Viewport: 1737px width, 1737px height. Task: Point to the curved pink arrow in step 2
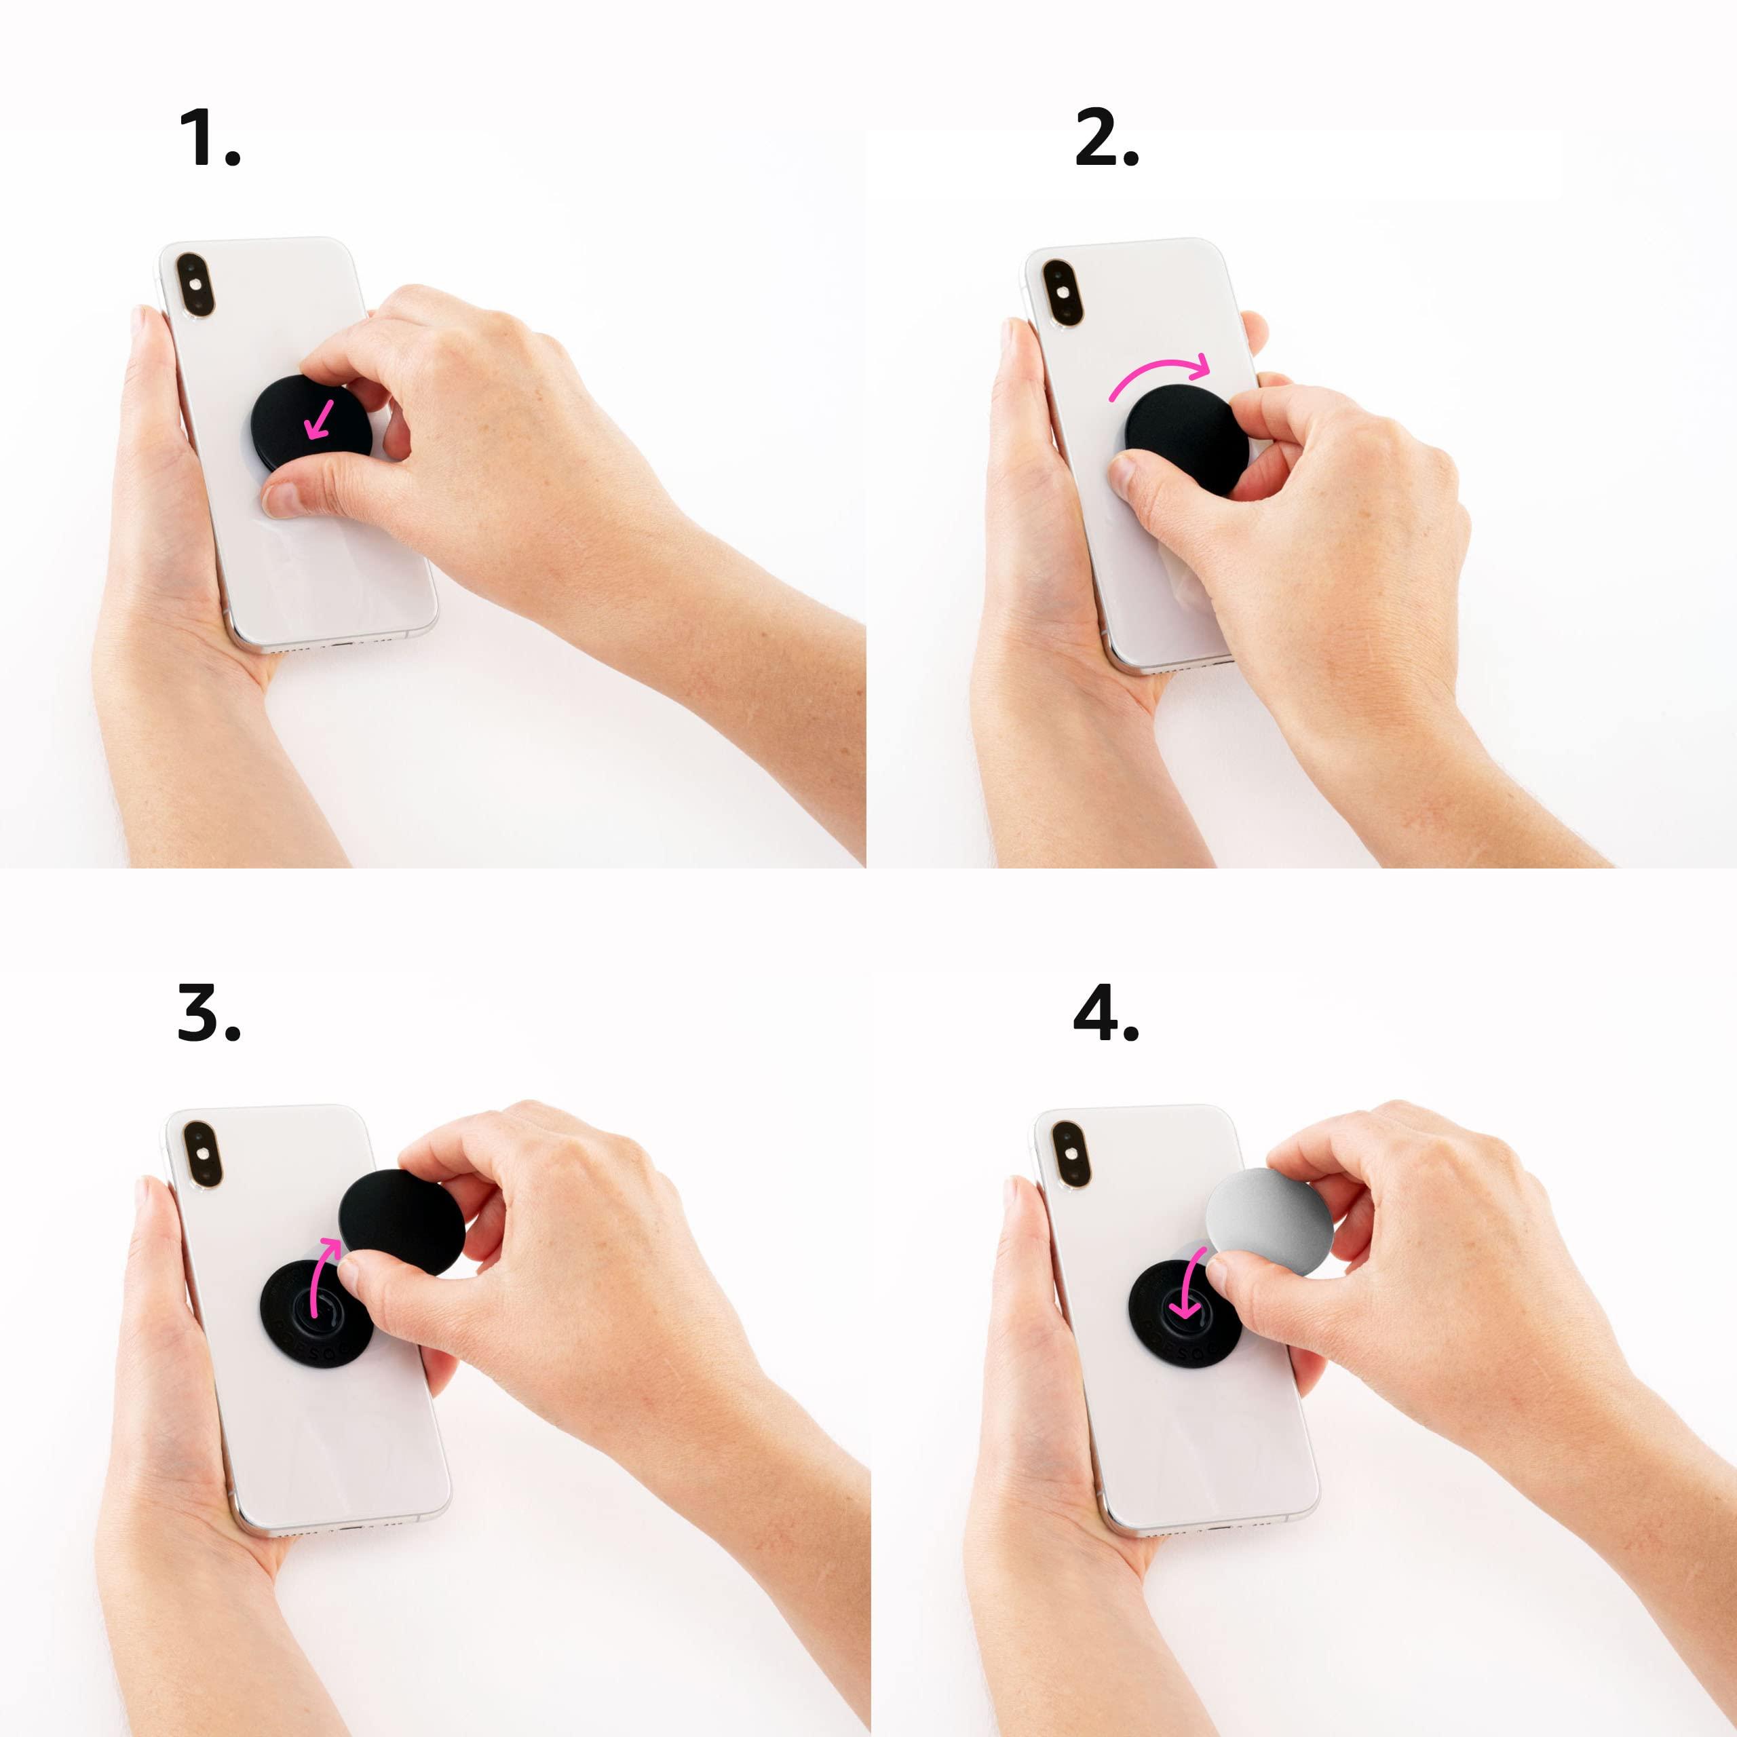pyautogui.click(x=1160, y=371)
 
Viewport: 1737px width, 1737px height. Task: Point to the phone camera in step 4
pyautogui.click(x=1068, y=1153)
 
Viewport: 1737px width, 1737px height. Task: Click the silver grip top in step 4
pyautogui.click(x=1267, y=1214)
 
